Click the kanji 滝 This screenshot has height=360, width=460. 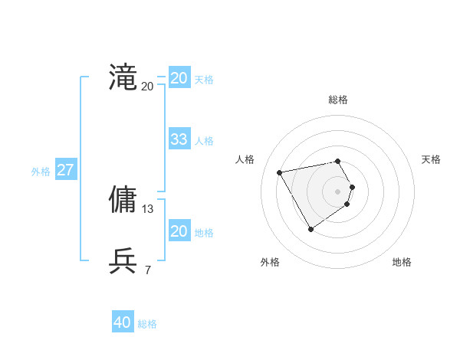pos(123,78)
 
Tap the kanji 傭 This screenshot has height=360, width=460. pos(123,199)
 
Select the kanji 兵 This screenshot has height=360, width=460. pos(123,260)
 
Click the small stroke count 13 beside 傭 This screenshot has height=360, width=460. pos(148,208)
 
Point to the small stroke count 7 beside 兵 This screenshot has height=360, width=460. pos(147,270)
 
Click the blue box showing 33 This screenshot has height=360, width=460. pos(179,139)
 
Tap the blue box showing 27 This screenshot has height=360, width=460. pos(65,170)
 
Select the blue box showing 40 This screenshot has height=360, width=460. pos(122,322)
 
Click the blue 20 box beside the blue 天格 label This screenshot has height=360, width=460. pos(179,78)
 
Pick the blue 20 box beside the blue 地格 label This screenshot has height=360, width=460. pos(179,231)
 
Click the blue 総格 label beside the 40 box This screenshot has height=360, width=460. pos(147,324)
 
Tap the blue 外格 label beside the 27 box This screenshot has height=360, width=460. pos(41,172)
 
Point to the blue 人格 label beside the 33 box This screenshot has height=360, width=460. pos(204,141)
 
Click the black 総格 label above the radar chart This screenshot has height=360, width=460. pos(338,100)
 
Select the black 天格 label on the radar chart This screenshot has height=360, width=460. pos(431,159)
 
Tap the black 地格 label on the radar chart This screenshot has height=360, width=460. pos(402,263)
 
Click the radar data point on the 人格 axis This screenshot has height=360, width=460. pos(280,172)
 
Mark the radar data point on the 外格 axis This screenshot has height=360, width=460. pos(310,228)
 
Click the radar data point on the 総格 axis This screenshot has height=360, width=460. pos(338,161)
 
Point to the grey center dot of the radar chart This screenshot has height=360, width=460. pos(338,191)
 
